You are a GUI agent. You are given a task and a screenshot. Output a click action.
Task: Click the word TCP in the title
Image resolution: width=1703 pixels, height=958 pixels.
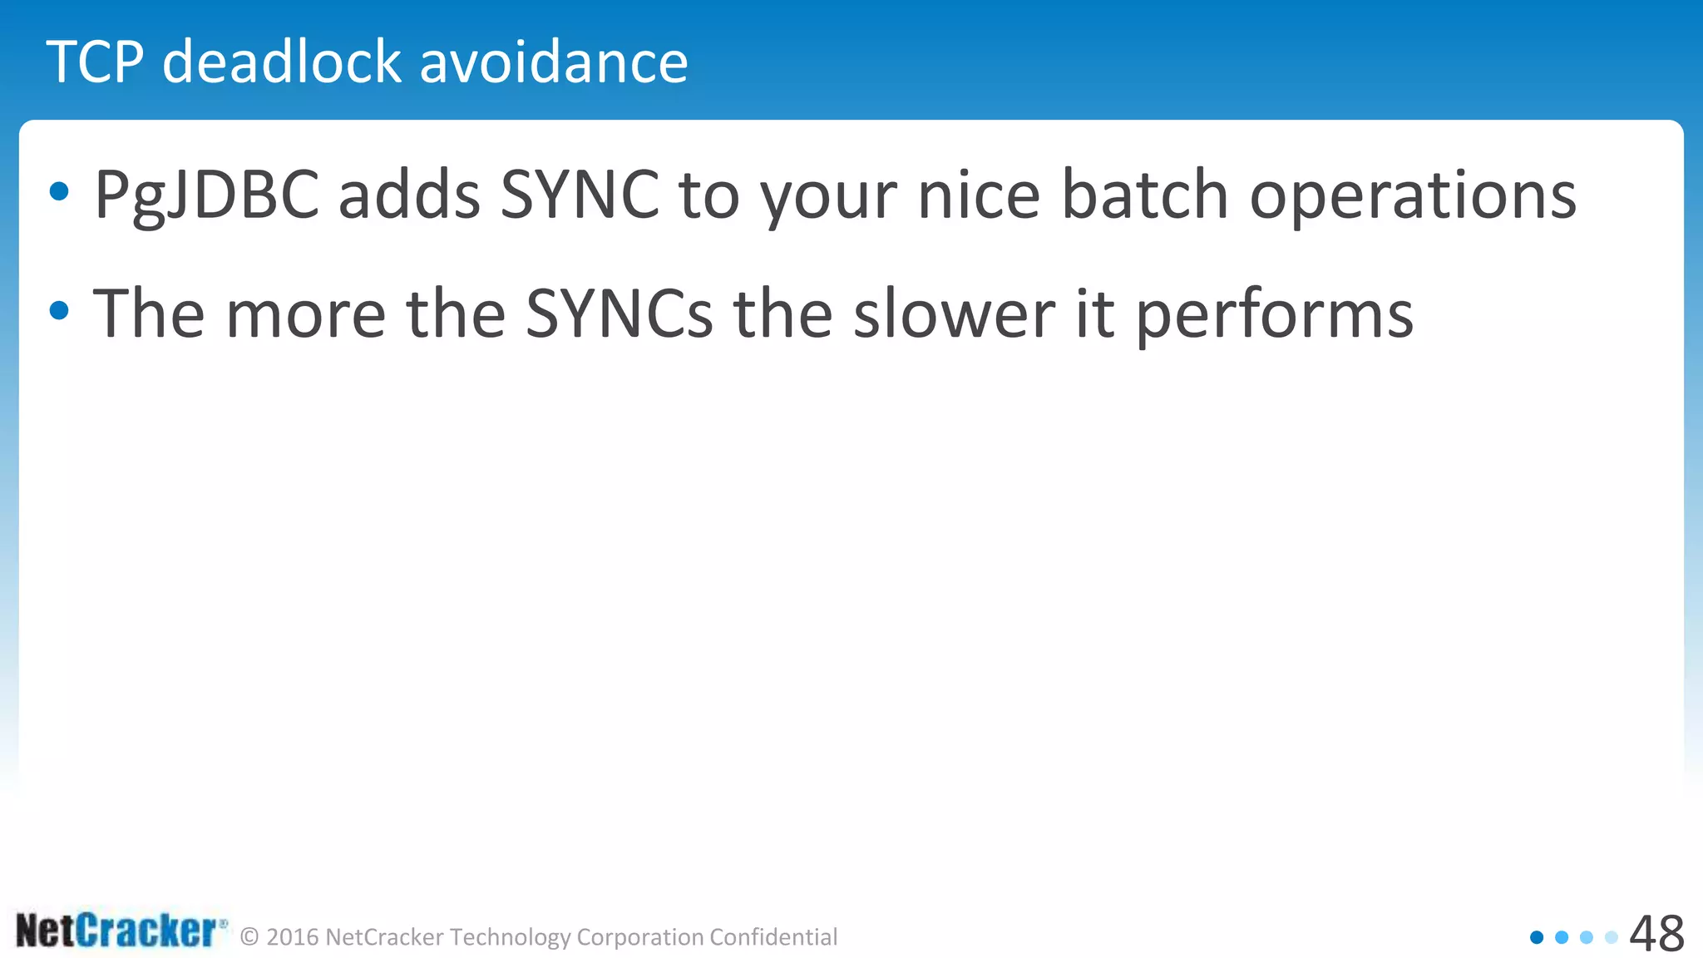tap(96, 62)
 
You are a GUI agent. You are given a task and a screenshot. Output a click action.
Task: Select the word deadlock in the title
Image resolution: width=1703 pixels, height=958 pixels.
tap(282, 62)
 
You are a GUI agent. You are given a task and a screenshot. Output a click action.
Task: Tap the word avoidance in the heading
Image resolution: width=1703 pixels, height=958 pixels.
tap(554, 62)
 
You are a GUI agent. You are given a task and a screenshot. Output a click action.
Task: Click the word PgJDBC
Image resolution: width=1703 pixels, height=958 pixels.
tap(206, 195)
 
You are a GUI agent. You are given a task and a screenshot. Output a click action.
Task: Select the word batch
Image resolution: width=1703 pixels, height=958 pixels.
tap(1145, 195)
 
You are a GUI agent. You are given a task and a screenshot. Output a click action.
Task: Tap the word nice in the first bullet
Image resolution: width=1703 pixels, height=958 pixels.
tap(978, 195)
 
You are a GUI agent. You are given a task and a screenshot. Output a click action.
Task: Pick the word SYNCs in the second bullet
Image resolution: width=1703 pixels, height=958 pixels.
tap(619, 314)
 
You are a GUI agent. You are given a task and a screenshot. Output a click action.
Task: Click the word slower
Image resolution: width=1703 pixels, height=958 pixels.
tap(954, 314)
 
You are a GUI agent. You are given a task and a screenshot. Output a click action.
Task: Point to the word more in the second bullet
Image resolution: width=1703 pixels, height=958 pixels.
tap(305, 314)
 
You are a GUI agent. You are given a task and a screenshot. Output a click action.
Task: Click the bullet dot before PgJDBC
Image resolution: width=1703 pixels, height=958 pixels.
tap(59, 192)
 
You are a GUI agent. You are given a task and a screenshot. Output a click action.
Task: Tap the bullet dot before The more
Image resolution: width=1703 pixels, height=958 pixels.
tap(59, 311)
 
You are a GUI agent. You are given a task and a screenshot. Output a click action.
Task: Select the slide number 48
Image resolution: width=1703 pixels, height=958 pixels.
tap(1656, 933)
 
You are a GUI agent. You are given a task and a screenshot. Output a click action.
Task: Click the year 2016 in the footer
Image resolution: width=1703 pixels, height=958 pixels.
tap(293, 937)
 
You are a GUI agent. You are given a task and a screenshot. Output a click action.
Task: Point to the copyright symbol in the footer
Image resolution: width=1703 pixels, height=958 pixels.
tap(249, 937)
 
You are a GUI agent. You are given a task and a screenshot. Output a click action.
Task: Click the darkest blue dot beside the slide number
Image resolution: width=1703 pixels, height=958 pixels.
tap(1537, 937)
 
